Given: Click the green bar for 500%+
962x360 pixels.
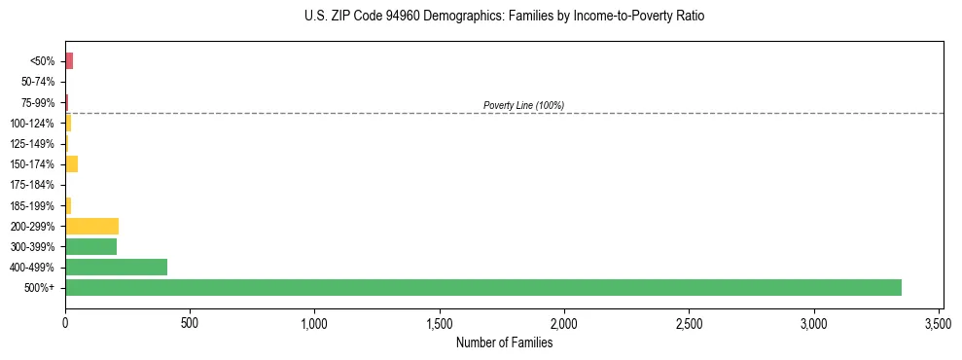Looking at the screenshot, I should pyautogui.click(x=483, y=287).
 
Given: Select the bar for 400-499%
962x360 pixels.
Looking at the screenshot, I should pyautogui.click(x=116, y=267).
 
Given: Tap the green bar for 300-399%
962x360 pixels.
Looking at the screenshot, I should pyautogui.click(x=90, y=246).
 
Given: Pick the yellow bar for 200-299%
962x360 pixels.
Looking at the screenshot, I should pyautogui.click(x=91, y=226).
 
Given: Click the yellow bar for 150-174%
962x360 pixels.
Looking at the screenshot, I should pyautogui.click(x=71, y=163).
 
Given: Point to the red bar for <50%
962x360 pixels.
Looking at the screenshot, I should pyautogui.click(x=69, y=61).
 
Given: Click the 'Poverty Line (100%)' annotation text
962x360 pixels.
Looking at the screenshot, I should pyautogui.click(x=523, y=105).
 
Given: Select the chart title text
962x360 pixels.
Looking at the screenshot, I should pyautogui.click(x=504, y=17).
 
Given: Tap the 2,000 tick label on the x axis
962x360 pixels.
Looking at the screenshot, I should pyautogui.click(x=564, y=322).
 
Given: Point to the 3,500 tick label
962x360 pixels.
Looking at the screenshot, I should pyautogui.click(x=939, y=322).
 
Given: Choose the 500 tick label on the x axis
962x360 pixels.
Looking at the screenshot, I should pyautogui.click(x=190, y=322).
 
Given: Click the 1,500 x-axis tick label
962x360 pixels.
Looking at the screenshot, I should pyautogui.click(x=440, y=322).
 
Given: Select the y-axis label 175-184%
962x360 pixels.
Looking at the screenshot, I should pyautogui.click(x=32, y=185).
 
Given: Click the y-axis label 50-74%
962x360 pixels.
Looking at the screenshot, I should pyautogui.click(x=37, y=82).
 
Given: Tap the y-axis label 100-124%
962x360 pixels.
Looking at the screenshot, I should pyautogui.click(x=32, y=124).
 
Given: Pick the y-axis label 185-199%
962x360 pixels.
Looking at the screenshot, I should pyautogui.click(x=32, y=205).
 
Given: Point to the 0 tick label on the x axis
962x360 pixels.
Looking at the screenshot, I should pyautogui.click(x=65, y=322).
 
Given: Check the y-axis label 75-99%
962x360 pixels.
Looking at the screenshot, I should pyautogui.click(x=37, y=102).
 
